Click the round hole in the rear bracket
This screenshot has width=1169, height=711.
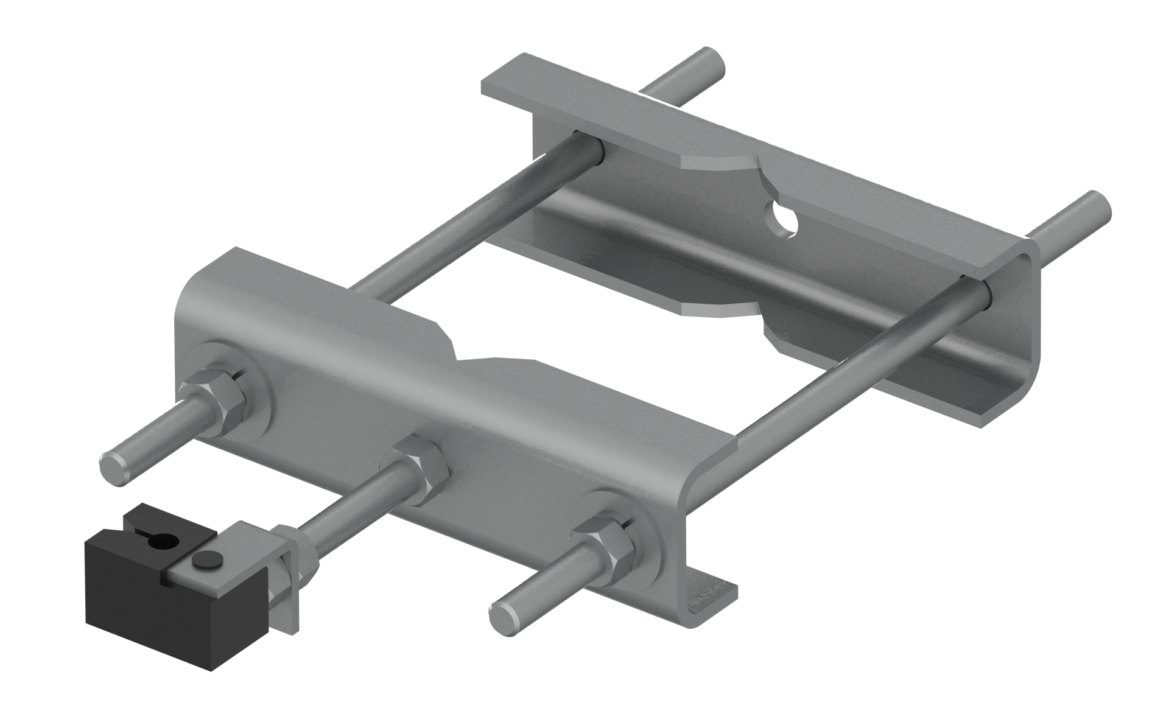coord(782,219)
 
